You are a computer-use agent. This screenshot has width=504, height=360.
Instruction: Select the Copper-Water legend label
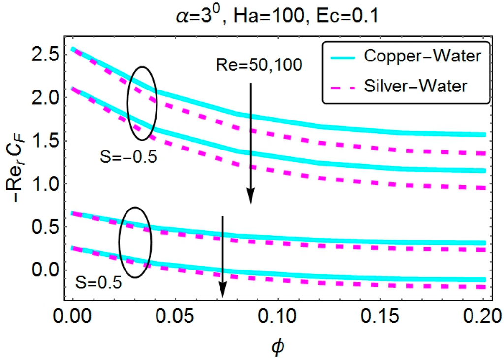[x=422, y=56]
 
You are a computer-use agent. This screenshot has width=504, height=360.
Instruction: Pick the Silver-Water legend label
[x=422, y=86]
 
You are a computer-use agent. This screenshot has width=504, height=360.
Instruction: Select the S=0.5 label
[x=98, y=283]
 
